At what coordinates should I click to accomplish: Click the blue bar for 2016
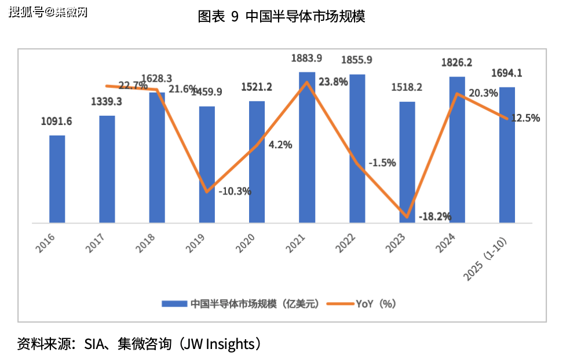coord(57,179)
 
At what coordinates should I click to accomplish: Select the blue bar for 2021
coord(307,147)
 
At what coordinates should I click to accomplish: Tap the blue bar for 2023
coord(407,162)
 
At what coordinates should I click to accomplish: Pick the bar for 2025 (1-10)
coord(507,155)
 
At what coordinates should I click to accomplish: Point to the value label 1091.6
coord(56,122)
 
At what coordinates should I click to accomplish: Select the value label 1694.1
coord(507,73)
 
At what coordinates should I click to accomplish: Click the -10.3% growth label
coord(235,190)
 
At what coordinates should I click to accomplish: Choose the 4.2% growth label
coord(280,145)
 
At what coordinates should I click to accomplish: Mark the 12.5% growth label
coord(526,118)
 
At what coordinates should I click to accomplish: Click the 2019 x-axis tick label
coord(195,244)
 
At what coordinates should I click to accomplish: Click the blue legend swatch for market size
coord(174,303)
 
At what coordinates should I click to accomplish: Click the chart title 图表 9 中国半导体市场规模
coord(282,16)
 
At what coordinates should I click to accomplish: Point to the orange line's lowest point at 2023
coord(407,217)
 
